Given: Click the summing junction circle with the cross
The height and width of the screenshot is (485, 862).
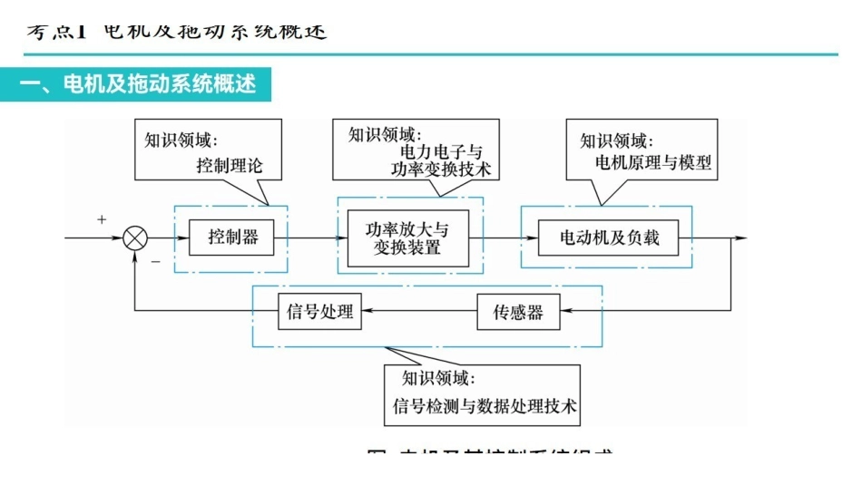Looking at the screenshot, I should click(135, 238).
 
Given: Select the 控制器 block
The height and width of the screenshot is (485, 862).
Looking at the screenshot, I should click(232, 238).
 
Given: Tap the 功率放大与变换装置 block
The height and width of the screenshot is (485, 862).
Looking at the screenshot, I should click(407, 238).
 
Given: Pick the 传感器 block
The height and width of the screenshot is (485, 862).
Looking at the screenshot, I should click(518, 313).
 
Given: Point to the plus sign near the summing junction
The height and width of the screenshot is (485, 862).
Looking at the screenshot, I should click(102, 219).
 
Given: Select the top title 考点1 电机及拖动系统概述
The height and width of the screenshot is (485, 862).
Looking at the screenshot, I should click(176, 32).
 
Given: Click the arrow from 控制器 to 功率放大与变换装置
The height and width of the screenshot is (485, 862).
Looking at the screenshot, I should click(313, 238).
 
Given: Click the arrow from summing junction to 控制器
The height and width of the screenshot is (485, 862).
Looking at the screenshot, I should click(169, 238).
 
